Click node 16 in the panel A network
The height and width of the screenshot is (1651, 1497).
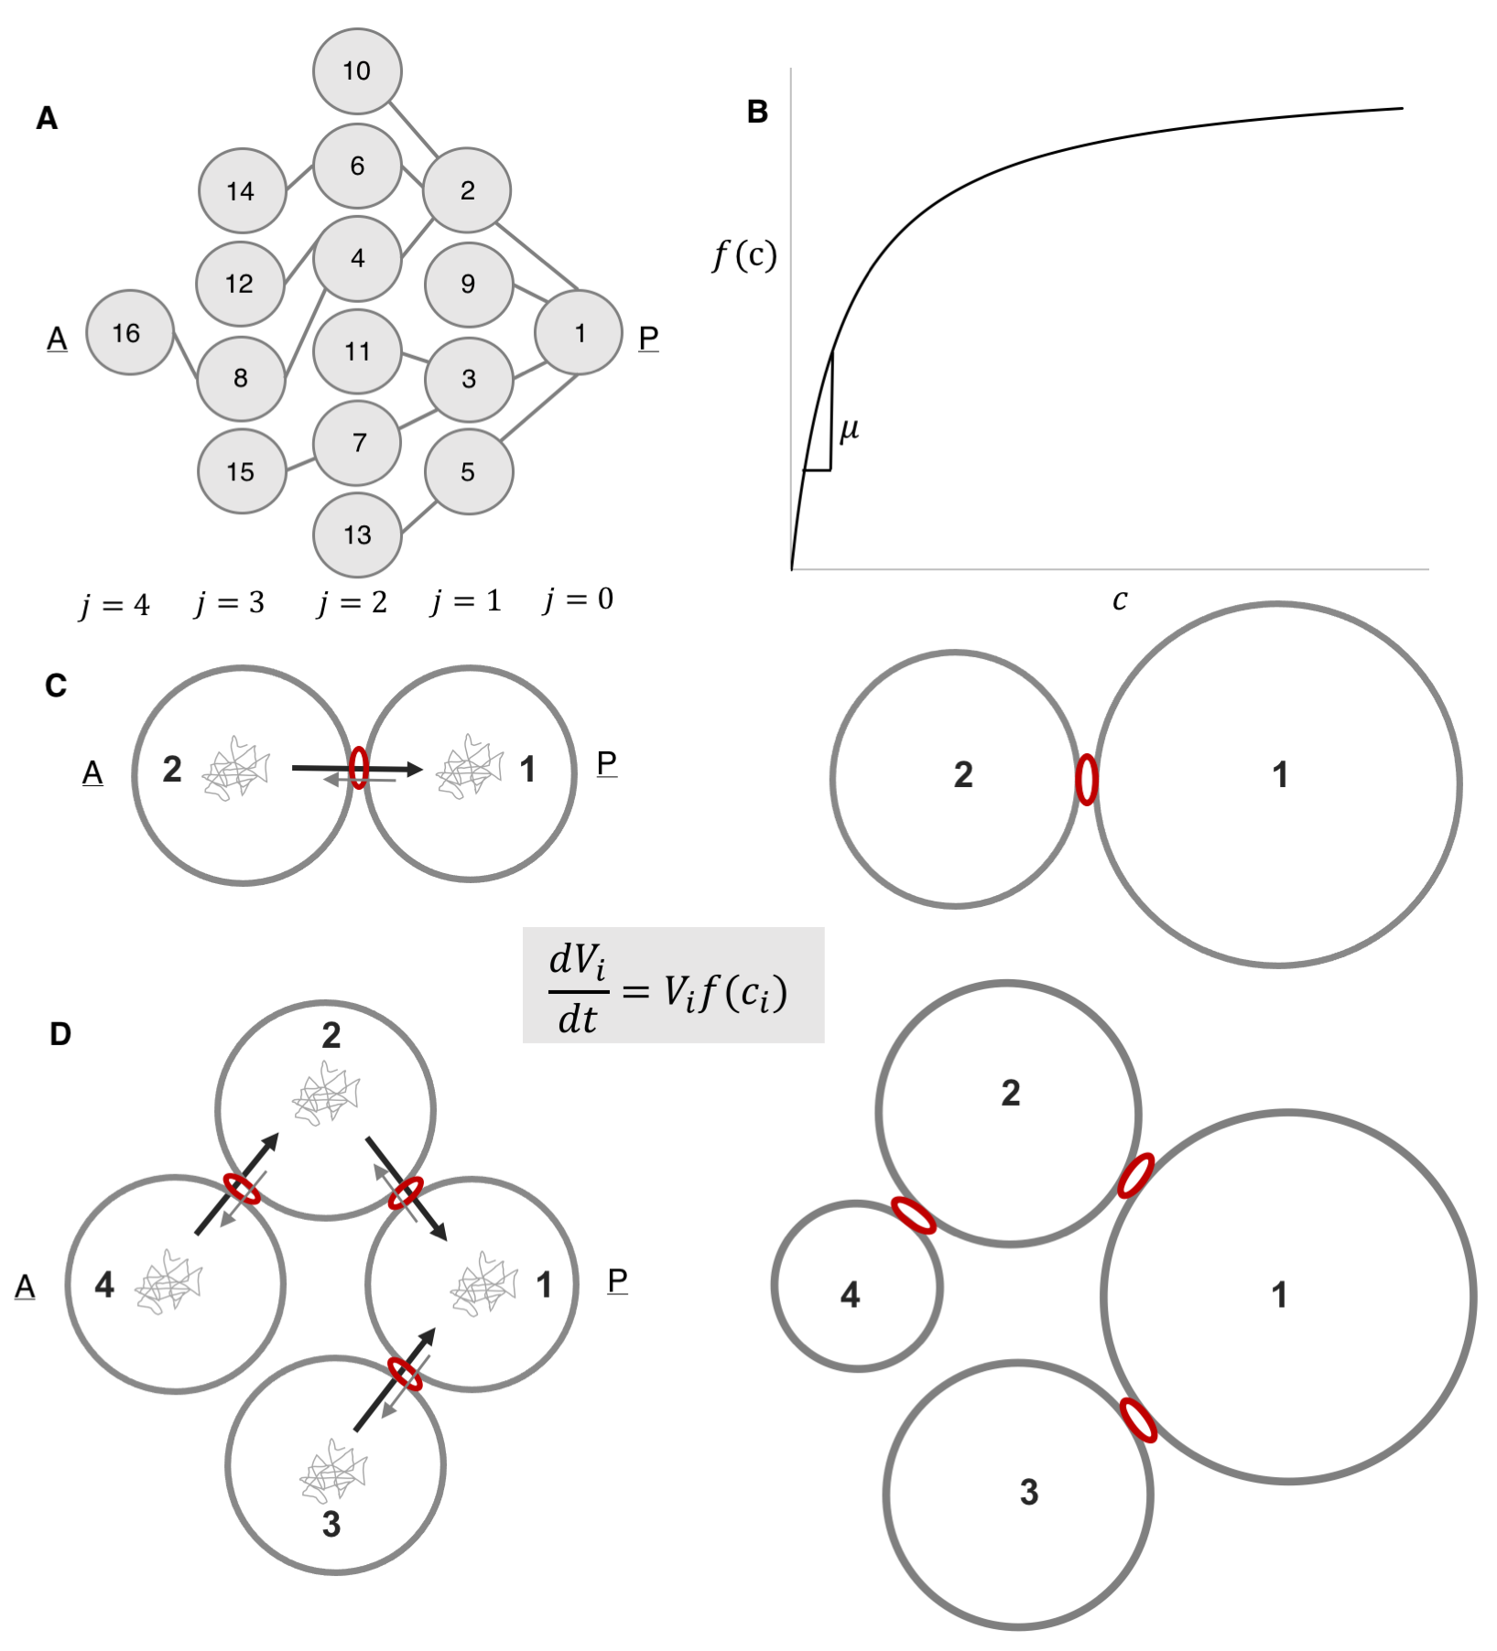pyautogui.click(x=129, y=333)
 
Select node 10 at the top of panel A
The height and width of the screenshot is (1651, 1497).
pyautogui.click(x=357, y=71)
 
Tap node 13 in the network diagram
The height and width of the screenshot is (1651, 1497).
pyautogui.click(x=357, y=535)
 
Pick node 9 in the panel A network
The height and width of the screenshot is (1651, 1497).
pyautogui.click(x=468, y=284)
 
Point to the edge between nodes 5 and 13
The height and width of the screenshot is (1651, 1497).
pyautogui.click(x=418, y=516)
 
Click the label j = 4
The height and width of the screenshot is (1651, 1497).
pyautogui.click(x=114, y=605)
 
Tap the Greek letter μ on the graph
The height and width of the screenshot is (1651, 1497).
pyautogui.click(x=849, y=428)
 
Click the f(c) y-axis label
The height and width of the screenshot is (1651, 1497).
pyautogui.click(x=744, y=255)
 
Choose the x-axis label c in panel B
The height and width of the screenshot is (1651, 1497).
pyautogui.click(x=1120, y=600)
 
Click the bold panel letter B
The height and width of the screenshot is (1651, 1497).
pyautogui.click(x=757, y=113)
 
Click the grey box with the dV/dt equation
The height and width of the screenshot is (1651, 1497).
pyautogui.click(x=673, y=986)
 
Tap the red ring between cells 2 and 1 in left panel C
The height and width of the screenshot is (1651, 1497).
pyautogui.click(x=359, y=768)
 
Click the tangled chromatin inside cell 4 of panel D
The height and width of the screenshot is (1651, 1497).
pyautogui.click(x=168, y=1281)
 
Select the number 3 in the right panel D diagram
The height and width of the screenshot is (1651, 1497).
pyautogui.click(x=1029, y=1492)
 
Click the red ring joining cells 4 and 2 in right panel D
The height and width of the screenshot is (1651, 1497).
pyautogui.click(x=914, y=1215)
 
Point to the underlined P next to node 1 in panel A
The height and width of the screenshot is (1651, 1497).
pyautogui.click(x=648, y=339)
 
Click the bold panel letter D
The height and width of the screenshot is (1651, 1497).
pyautogui.click(x=60, y=1034)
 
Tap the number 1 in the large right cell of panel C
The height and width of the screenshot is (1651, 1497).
pyautogui.click(x=1280, y=775)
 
